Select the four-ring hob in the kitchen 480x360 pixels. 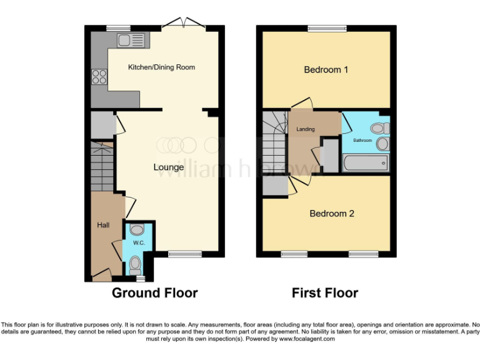pos(99,77)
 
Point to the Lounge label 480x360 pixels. pos(169,167)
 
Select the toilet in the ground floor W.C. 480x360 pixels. pos(135,266)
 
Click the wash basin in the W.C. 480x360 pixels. pos(137,230)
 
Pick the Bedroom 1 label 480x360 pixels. pos(326,69)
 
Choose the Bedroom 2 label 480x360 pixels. pos(332,214)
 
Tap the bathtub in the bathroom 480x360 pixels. pos(365,163)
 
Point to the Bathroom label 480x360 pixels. pos(362,141)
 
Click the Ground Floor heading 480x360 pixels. pos(154,292)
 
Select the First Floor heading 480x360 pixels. pos(325,292)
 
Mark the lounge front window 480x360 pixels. pos(185,254)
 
